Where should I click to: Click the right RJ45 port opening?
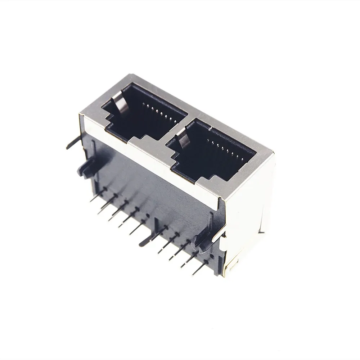click(x=212, y=151)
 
